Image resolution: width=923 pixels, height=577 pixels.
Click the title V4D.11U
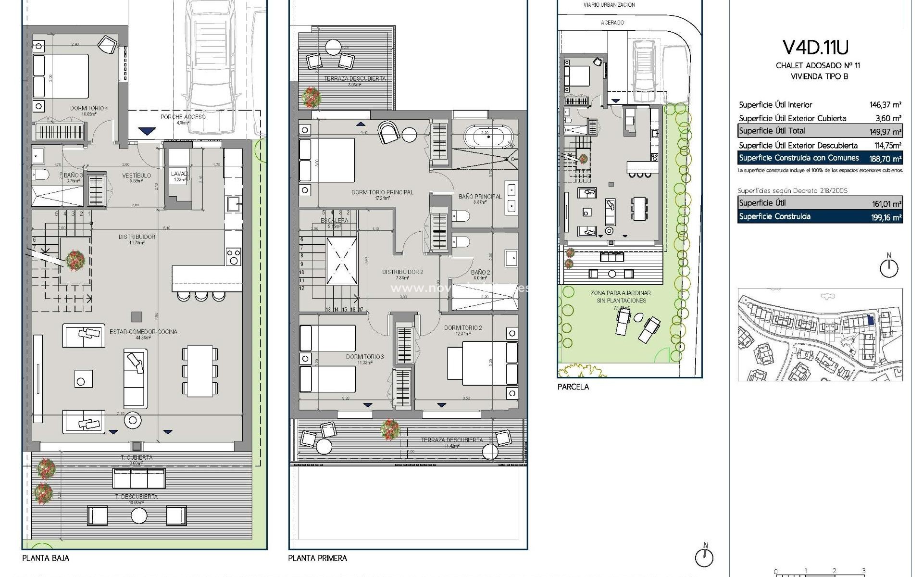coord(815,47)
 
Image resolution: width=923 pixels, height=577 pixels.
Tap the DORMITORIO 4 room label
coord(89,108)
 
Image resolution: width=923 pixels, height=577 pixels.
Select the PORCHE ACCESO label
coord(183,117)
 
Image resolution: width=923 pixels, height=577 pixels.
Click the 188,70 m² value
coord(885,158)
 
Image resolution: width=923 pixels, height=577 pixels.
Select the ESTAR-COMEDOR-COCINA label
coord(143,332)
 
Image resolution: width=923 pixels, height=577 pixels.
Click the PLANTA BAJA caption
coord(46,558)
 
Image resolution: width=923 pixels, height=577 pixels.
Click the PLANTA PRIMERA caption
coord(317,558)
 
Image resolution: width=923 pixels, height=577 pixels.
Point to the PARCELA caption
coord(573,387)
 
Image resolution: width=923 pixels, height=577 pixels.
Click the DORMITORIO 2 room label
coord(462,328)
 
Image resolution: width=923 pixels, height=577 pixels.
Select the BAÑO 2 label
coord(480,273)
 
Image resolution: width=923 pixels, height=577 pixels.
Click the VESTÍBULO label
coord(137,176)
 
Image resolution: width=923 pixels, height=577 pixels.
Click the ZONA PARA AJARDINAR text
coord(621,293)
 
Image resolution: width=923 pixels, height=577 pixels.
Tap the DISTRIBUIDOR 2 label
coord(402,272)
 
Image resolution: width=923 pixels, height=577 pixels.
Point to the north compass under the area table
coord(888,267)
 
